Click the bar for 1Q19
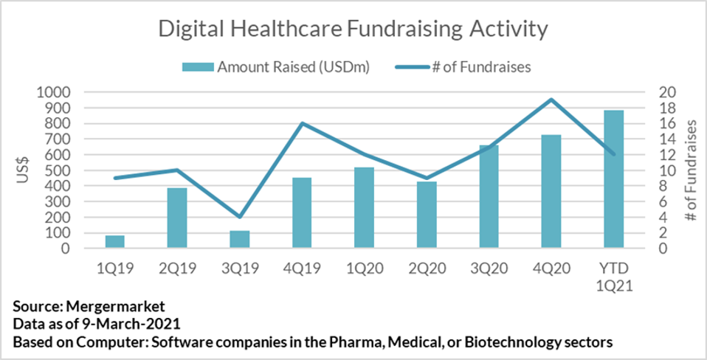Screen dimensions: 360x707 pyautogui.click(x=114, y=242)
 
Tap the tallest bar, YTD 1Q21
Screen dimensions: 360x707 pyautogui.click(x=613, y=179)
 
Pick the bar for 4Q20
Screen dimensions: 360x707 pyautogui.click(x=551, y=192)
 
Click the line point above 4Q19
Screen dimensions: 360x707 pyautogui.click(x=302, y=123)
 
